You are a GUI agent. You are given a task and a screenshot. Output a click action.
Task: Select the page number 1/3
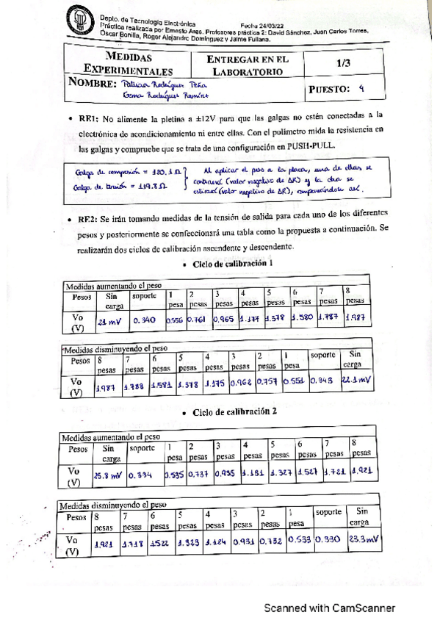342,64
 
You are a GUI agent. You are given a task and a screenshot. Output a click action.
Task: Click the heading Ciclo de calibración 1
228,264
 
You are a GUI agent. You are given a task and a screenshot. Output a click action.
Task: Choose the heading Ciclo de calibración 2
228,412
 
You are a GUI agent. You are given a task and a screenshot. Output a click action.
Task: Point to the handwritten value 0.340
145,320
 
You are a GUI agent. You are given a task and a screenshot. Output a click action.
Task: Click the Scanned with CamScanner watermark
330,608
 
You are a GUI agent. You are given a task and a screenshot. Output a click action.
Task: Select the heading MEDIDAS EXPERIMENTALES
129,64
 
